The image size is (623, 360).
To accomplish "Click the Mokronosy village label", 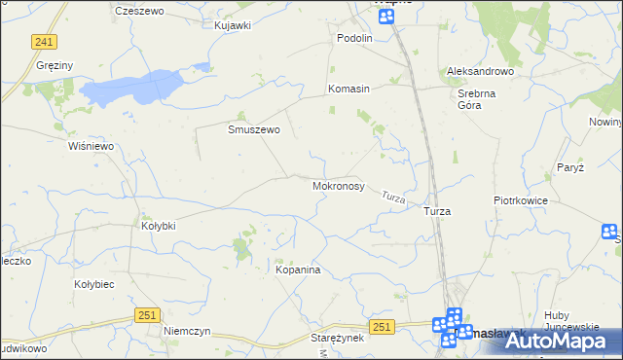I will (x=338, y=185).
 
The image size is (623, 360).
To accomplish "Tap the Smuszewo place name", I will (x=254, y=129).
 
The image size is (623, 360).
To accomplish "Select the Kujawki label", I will (x=233, y=25).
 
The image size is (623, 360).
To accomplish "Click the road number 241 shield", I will (x=44, y=42).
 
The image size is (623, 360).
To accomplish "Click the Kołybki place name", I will (x=158, y=226).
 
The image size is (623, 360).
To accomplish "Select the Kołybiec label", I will (x=95, y=284).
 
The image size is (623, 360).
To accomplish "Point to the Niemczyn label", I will (x=187, y=331).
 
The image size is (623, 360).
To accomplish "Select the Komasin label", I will (x=348, y=89).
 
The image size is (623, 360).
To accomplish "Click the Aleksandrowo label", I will (x=479, y=72).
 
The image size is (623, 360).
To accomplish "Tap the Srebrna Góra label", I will (x=477, y=99).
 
